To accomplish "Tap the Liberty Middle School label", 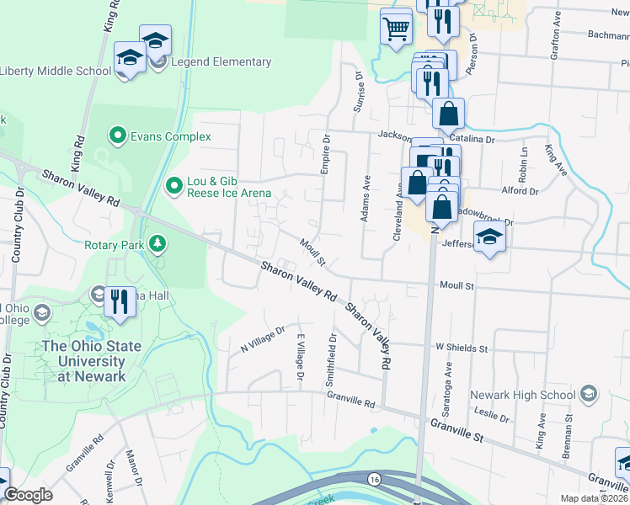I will (x=55, y=71).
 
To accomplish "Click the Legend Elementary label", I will (x=221, y=61).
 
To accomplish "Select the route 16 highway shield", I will (x=373, y=479).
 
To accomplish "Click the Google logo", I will (x=28, y=495).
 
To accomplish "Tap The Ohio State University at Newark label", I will (x=84, y=360).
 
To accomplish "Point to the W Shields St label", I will (x=462, y=348).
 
